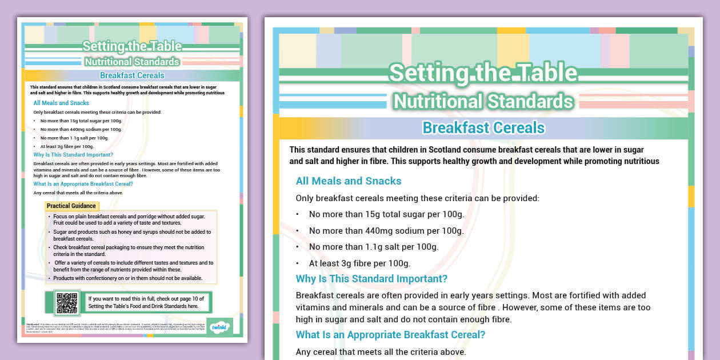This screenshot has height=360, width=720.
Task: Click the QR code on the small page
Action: coord(66,303)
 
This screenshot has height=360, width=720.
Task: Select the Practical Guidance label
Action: coord(71,206)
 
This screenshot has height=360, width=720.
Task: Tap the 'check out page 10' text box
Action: coord(147,302)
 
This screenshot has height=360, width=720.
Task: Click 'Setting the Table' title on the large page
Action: coord(483,73)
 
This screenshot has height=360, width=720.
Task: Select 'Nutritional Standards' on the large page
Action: coord(483,101)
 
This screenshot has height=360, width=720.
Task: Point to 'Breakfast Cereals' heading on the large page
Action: coord(483,127)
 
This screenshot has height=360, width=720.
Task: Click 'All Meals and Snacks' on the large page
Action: coord(349,181)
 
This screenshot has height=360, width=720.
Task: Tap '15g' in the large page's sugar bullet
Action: coord(372,214)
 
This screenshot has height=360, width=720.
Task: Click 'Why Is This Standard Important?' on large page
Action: coord(371,279)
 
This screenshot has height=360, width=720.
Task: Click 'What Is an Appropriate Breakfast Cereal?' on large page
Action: coord(390,335)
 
